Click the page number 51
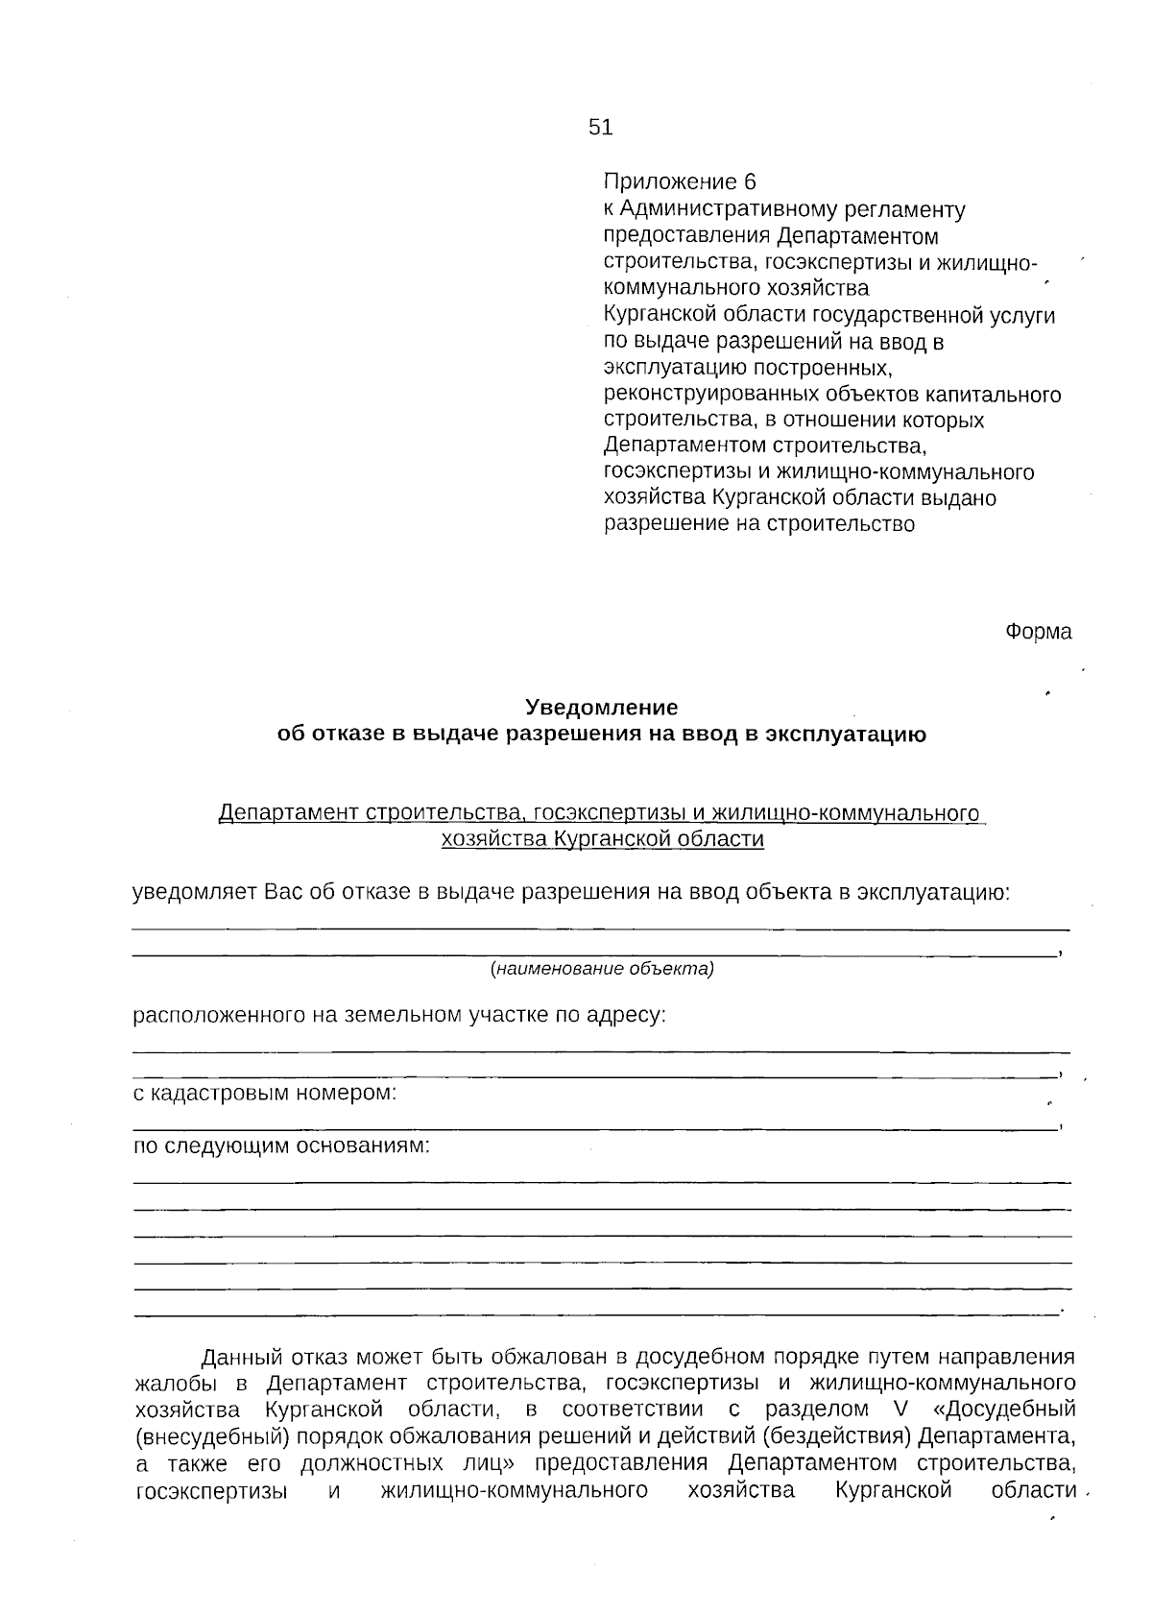coord(600,128)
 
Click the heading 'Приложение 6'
coord(680,182)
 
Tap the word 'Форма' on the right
coord(1038,632)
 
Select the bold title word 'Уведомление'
coord(601,708)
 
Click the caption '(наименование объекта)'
coord(602,969)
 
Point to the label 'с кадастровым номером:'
coord(264,1093)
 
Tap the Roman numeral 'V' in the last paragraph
coord(886,1410)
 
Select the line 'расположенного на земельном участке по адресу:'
coord(398,1015)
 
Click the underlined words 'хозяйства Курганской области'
coord(602,840)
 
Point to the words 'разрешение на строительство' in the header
coord(758,524)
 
